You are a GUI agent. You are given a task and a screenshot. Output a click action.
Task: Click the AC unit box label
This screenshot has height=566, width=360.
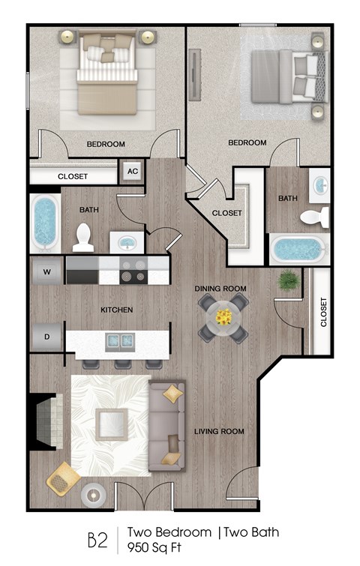tap(133, 171)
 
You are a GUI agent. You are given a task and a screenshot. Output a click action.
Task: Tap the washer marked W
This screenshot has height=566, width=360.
tap(46, 271)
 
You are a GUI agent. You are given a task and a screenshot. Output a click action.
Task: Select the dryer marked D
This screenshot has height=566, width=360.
tap(46, 337)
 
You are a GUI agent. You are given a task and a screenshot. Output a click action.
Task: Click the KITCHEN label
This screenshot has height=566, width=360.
tap(117, 310)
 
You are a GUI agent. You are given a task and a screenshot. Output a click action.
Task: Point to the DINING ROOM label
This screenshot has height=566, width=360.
tap(220, 289)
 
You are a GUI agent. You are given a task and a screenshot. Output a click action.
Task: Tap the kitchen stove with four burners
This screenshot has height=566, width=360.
tap(133, 271)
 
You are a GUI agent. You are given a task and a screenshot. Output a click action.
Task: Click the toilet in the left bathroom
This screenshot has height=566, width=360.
tap(84, 238)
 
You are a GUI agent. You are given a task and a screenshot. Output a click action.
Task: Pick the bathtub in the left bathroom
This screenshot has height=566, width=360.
tap(44, 223)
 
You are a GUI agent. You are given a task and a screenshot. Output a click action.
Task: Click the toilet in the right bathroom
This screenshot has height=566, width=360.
tap(315, 217)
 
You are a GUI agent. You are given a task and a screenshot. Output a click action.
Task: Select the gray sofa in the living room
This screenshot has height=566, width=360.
tap(166, 427)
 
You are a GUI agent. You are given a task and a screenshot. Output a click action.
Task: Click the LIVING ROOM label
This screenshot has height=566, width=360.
tap(219, 431)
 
